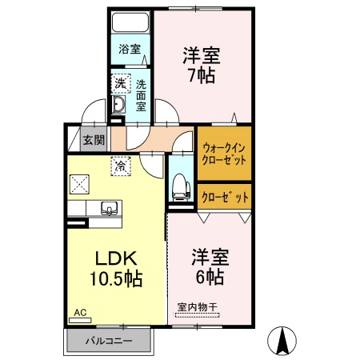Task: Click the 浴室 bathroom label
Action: pyautogui.click(x=130, y=49)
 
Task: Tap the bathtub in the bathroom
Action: pyautogui.click(x=130, y=22)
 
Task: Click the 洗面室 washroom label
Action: pyautogui.click(x=140, y=94)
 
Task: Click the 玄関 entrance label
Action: pyautogui.click(x=94, y=140)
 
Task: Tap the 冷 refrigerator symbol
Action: pyautogui.click(x=120, y=167)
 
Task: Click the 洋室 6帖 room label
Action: pyautogui.click(x=210, y=267)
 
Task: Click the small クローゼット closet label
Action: pyautogui.click(x=224, y=196)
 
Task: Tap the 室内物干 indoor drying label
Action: pyautogui.click(x=197, y=306)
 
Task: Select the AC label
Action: pyautogui.click(x=80, y=312)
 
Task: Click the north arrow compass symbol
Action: pyautogui.click(x=282, y=342)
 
